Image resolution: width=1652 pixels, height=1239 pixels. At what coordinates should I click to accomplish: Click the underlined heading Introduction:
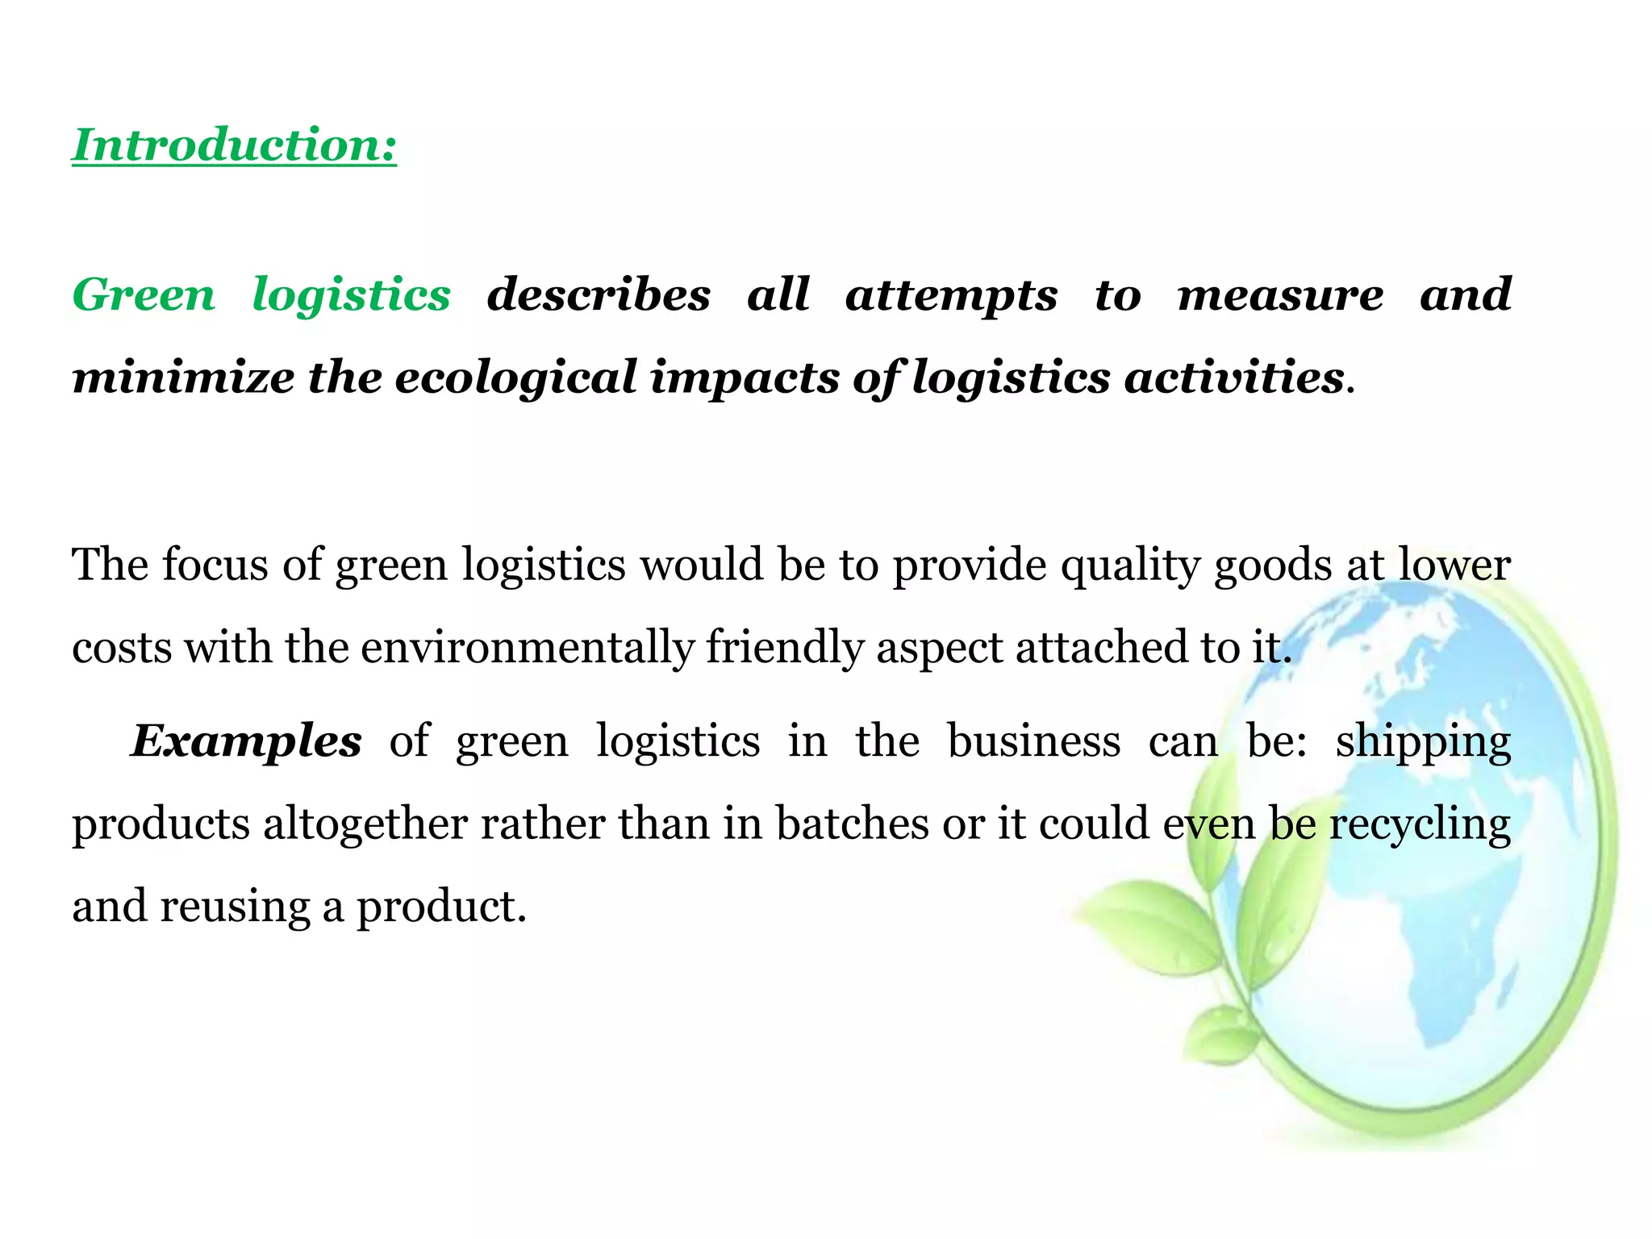[234, 145]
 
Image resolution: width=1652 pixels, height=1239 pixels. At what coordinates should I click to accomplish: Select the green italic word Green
[144, 294]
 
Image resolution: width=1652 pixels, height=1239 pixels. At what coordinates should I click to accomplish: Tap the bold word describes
[599, 294]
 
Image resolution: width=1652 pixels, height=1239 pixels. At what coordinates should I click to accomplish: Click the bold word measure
[1280, 294]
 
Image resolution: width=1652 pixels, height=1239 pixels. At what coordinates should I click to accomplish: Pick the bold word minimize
[183, 378]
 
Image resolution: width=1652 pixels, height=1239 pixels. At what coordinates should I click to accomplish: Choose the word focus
[215, 564]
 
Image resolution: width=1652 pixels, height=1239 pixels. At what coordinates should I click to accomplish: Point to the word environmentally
[528, 649]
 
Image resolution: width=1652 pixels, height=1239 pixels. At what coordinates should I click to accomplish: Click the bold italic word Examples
[246, 742]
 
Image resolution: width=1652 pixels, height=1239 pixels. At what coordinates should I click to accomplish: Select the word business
[1033, 742]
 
